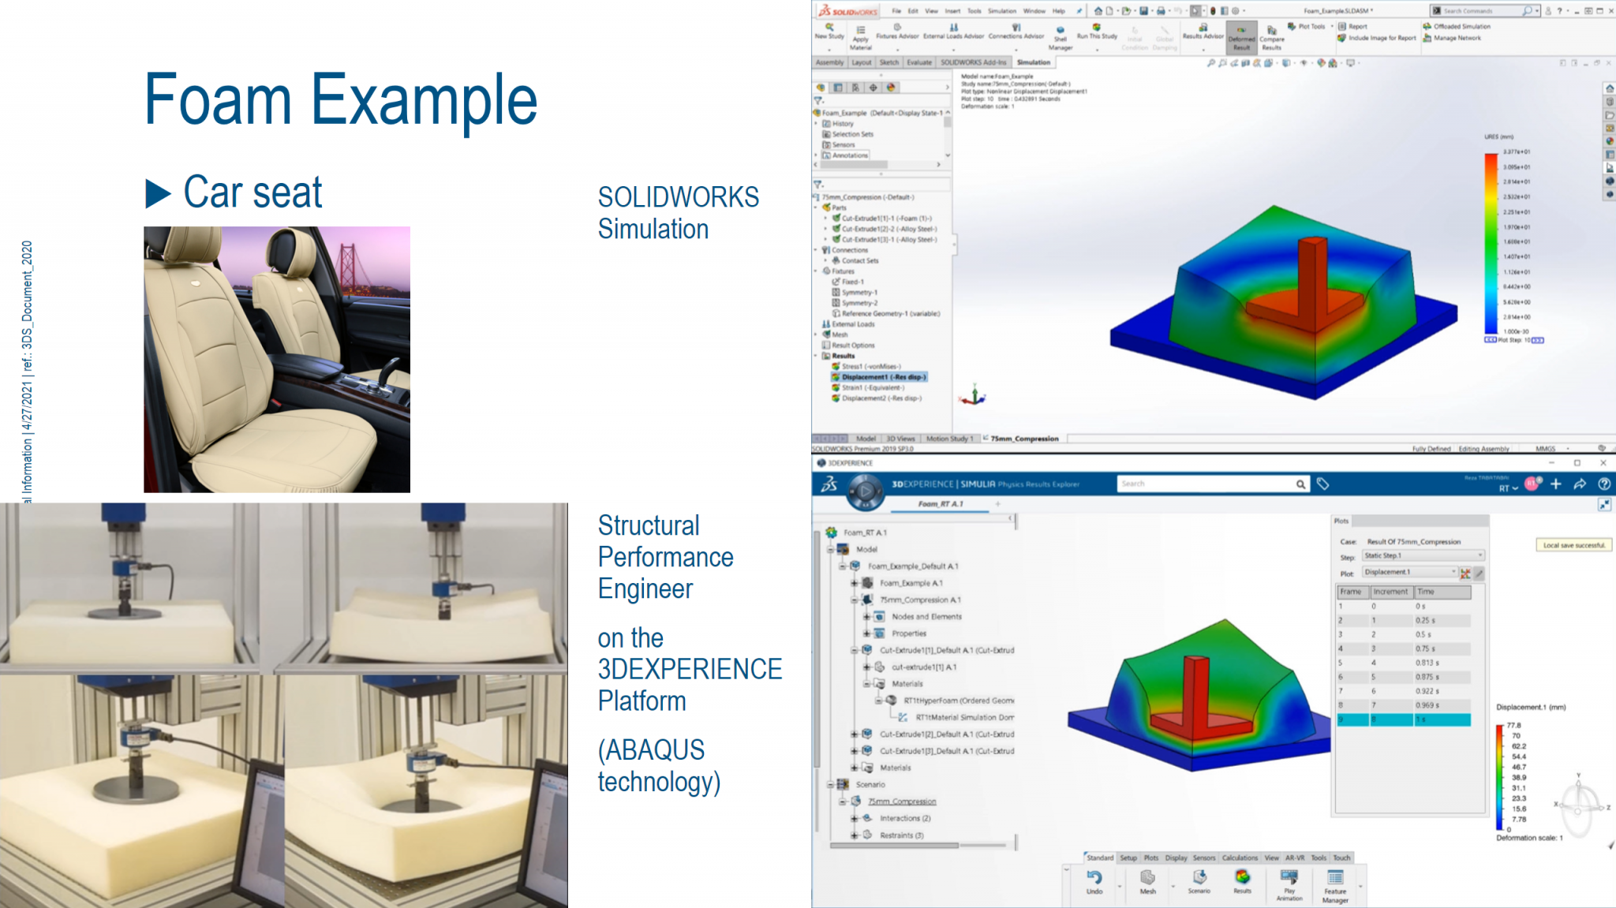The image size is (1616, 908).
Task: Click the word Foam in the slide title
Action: tap(218, 100)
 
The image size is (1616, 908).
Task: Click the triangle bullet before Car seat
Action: tap(157, 193)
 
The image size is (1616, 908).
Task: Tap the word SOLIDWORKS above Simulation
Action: tap(678, 197)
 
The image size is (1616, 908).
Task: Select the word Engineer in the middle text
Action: tap(645, 589)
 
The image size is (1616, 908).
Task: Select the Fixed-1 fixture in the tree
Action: tap(852, 282)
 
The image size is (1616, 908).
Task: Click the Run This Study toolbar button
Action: tap(1097, 32)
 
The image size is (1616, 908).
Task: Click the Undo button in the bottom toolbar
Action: tap(1094, 881)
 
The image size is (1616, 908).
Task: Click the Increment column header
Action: tap(1390, 592)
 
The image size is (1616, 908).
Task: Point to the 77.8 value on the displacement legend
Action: tap(1513, 725)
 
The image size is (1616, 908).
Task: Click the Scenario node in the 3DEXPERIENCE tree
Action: tap(870, 784)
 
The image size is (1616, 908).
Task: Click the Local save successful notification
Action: tap(1574, 545)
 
